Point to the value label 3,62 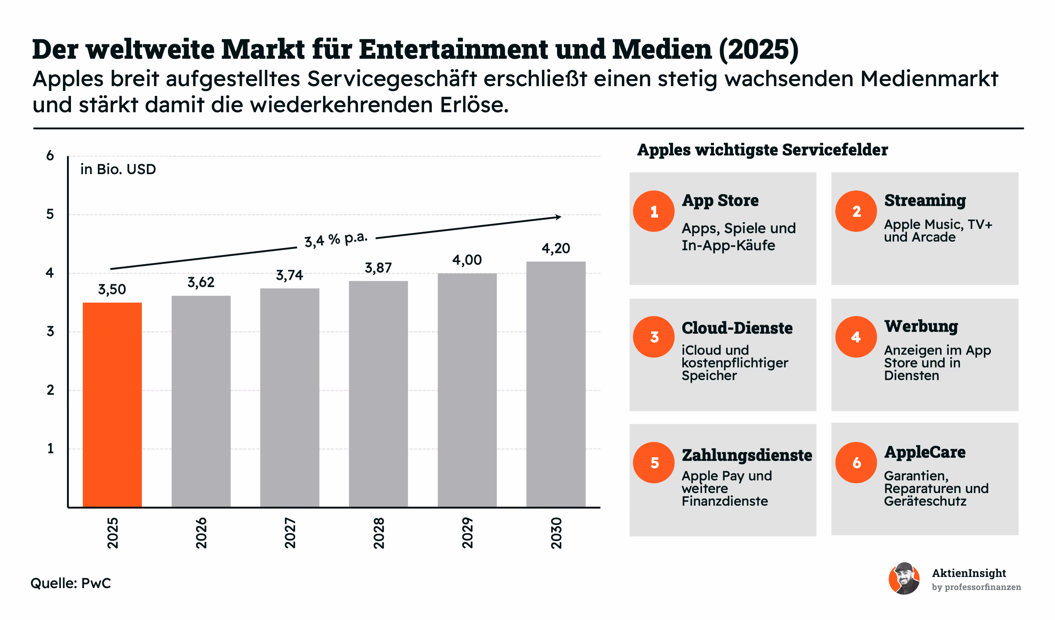[x=201, y=282]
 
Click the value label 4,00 [x=467, y=260]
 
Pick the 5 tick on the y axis [x=50, y=214]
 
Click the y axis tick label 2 [x=50, y=390]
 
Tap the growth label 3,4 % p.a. [x=336, y=239]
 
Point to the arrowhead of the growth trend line [x=558, y=217]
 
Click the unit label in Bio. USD [x=118, y=169]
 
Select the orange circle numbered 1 [x=654, y=211]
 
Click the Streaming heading [x=925, y=201]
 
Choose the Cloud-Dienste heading [x=737, y=328]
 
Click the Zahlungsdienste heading [x=747, y=455]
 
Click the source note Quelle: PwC [x=71, y=583]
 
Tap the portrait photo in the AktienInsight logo [x=904, y=579]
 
